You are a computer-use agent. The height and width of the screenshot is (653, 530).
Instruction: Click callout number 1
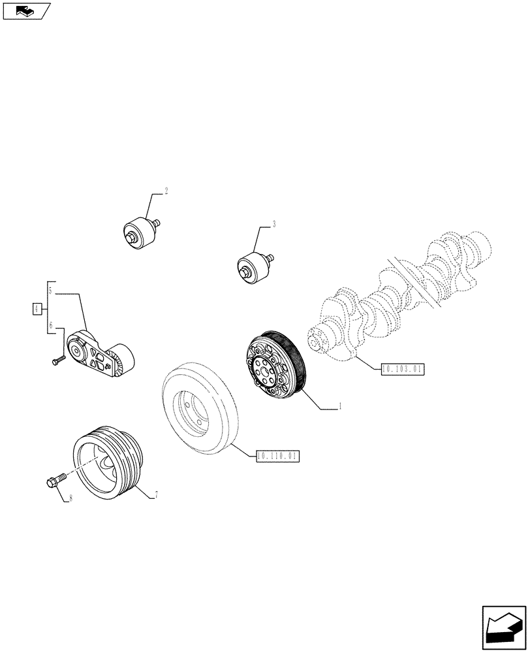(x=340, y=407)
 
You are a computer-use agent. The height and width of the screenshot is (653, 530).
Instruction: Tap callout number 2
(x=166, y=191)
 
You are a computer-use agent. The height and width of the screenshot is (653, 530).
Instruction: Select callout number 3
(x=274, y=225)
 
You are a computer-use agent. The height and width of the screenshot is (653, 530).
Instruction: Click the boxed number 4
(x=37, y=308)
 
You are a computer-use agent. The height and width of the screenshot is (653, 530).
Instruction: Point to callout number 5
(x=50, y=290)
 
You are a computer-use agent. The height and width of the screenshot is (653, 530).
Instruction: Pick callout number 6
(x=50, y=325)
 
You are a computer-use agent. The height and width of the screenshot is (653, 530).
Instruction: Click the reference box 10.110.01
(x=277, y=456)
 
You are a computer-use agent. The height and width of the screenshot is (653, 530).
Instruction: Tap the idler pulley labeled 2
(x=140, y=232)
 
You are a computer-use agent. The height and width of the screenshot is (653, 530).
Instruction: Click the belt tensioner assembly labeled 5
(x=103, y=355)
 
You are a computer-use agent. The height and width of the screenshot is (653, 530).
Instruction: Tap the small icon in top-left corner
(x=26, y=10)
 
